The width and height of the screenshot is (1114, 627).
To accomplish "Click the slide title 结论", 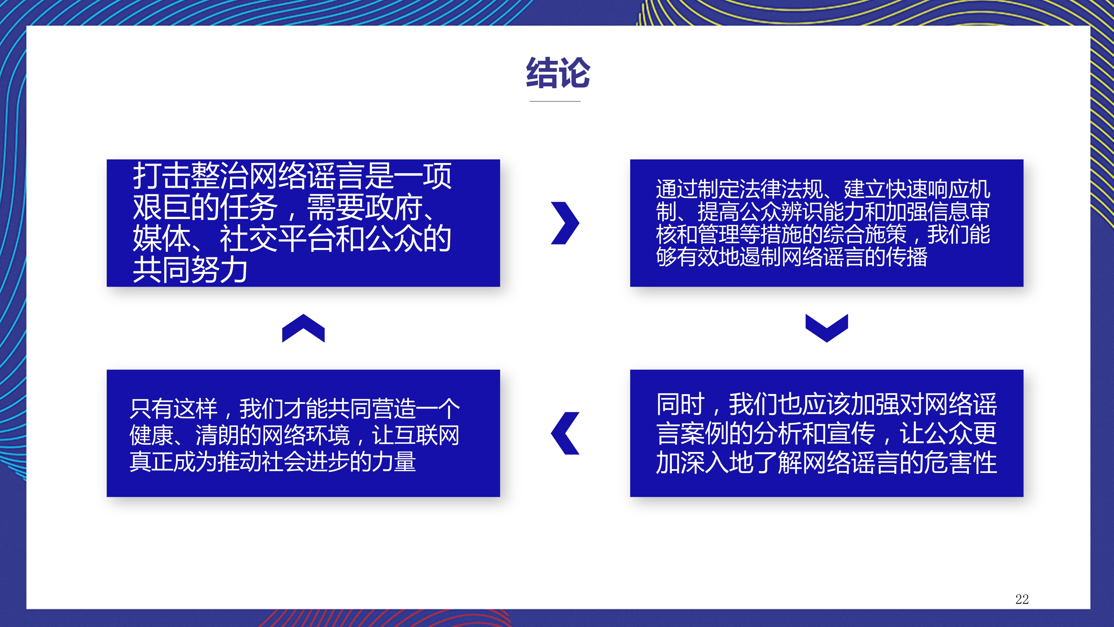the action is pyautogui.click(x=558, y=73).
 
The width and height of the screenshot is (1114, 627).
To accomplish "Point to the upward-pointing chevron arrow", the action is pyautogui.click(x=303, y=328).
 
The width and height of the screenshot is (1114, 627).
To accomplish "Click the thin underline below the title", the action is pyautogui.click(x=555, y=101).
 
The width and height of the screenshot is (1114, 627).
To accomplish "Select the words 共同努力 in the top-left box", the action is pyautogui.click(x=190, y=269).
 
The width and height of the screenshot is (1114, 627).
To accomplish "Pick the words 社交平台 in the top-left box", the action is pyautogui.click(x=278, y=239).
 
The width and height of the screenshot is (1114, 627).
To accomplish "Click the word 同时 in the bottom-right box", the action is pyautogui.click(x=681, y=404).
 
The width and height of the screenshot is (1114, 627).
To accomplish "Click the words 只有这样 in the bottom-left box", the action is pyautogui.click(x=174, y=409).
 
